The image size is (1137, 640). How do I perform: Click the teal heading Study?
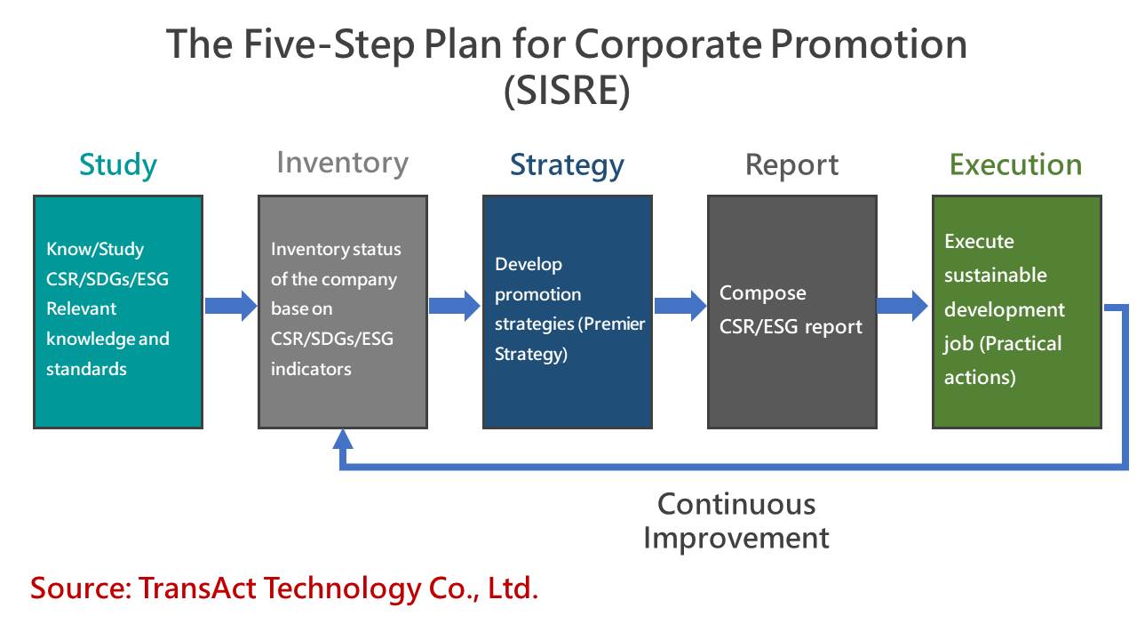pos(118,165)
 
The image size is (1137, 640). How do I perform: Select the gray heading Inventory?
pos(343,163)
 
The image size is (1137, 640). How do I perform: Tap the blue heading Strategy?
pos(567,165)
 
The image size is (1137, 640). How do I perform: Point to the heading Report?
pos(791,165)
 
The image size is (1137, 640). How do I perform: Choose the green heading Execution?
pos(1015,164)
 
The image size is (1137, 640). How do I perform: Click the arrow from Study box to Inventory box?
pos(231,306)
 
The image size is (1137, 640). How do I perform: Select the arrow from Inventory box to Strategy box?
pos(455,306)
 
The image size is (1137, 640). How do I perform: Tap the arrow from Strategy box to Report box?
pos(680,306)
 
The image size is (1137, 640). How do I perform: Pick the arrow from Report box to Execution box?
pos(902,306)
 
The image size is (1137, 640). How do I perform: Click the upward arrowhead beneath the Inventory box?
pos(343,439)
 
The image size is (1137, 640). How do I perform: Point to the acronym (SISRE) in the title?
pos(567,91)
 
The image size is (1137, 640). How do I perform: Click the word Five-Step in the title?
pos(329,44)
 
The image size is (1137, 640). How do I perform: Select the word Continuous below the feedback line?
pos(736,504)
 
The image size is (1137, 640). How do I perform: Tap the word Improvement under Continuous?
pos(736,539)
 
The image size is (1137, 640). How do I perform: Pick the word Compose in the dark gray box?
pos(762,293)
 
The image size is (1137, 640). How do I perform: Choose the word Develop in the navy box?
pos(529,264)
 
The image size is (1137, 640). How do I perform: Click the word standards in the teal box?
pos(86,369)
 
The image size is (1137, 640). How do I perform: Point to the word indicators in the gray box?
pos(311,369)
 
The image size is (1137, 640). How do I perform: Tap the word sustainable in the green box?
pos(996,276)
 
